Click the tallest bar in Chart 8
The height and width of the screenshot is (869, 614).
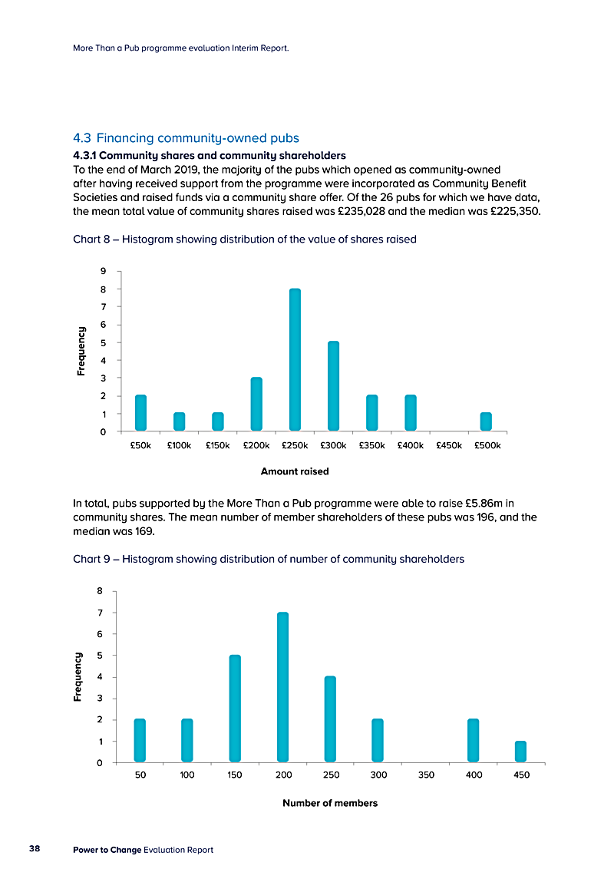[x=295, y=359]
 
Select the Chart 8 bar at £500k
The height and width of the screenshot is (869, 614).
[x=486, y=421]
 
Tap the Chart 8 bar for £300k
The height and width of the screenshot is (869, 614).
[x=333, y=385]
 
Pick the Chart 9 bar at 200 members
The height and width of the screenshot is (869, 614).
[x=282, y=687]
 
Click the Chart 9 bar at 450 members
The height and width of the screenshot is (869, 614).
[x=520, y=752]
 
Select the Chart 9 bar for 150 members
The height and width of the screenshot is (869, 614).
[x=235, y=709]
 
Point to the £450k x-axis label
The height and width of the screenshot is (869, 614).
[x=449, y=444]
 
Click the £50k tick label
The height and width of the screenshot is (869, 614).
[x=140, y=444]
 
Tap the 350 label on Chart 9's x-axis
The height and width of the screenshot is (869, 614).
[x=426, y=775]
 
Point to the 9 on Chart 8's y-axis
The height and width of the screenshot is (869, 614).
[x=101, y=271]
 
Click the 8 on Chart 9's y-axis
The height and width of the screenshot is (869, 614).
[x=100, y=591]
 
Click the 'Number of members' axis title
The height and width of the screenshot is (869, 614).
[x=330, y=803]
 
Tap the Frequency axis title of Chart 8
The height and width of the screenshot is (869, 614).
[x=81, y=352]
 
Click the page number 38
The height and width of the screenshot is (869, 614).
[x=35, y=849]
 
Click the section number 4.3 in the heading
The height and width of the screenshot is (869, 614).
[x=82, y=138]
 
